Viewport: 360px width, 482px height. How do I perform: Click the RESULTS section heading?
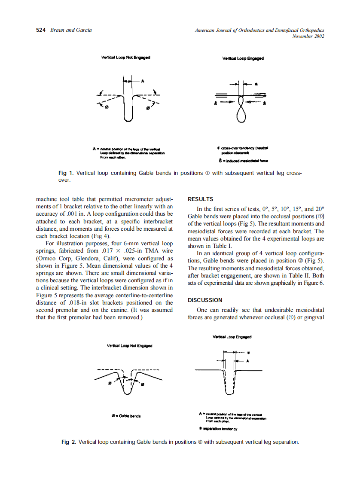(201, 199)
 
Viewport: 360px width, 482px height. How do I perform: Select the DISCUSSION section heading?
(205, 300)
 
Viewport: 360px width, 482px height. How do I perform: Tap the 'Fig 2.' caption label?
(69, 442)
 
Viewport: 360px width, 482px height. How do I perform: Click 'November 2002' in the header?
(308, 36)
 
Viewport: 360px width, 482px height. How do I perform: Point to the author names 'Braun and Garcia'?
(71, 30)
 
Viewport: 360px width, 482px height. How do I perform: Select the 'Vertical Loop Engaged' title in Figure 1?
(243, 58)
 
